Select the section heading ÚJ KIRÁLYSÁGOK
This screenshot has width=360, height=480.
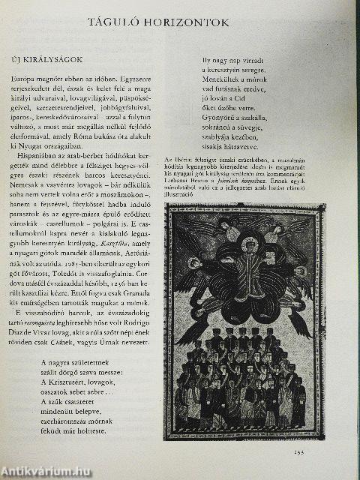(x=46, y=58)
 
